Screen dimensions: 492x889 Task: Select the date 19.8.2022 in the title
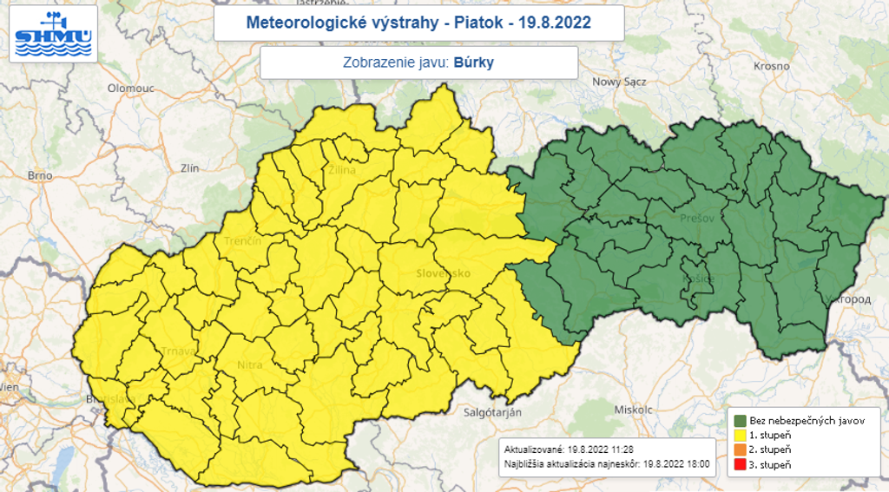pyautogui.click(x=556, y=23)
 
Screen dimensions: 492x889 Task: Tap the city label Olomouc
pyautogui.click(x=130, y=89)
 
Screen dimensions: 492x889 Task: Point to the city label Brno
pyautogui.click(x=40, y=175)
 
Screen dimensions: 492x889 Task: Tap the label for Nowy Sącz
pyautogui.click(x=619, y=82)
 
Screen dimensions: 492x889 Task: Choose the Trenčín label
pyautogui.click(x=242, y=241)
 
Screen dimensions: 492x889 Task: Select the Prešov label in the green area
pyautogui.click(x=697, y=219)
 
